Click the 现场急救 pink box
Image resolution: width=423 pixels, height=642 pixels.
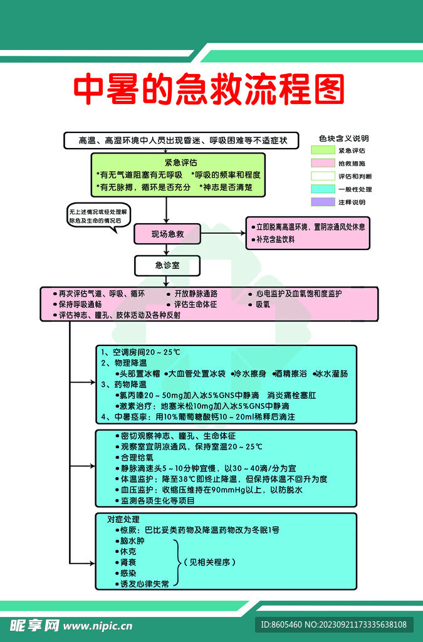click(x=167, y=234)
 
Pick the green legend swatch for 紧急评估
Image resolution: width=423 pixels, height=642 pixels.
click(x=323, y=150)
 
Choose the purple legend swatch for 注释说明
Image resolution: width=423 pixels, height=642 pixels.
click(x=323, y=202)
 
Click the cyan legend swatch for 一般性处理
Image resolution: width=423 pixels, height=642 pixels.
click(x=323, y=189)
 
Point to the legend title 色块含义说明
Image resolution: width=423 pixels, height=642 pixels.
click(x=343, y=138)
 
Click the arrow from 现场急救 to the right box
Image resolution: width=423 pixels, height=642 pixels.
click(x=222, y=233)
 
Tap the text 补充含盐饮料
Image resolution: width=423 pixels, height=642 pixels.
click(x=275, y=239)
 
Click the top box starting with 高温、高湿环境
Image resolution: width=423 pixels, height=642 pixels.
click(x=179, y=140)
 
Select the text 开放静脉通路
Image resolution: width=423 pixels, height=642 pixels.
click(x=196, y=293)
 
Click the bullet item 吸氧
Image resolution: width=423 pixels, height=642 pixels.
click(x=263, y=305)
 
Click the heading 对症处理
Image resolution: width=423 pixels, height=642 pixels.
click(x=123, y=520)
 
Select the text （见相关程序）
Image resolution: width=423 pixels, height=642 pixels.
click(x=209, y=562)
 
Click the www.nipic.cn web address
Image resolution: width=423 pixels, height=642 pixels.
click(x=98, y=625)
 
